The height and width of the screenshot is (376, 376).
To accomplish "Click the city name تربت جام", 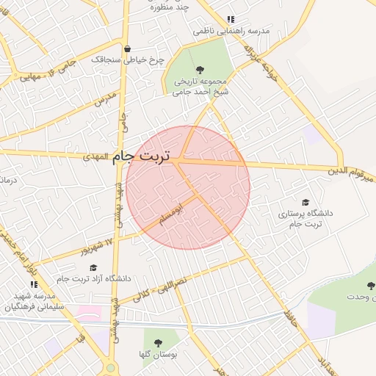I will tap(142, 157).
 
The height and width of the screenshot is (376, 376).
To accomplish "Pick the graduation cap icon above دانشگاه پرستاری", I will tap(305, 202).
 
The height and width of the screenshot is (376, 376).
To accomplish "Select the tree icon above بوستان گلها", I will tap(157, 342).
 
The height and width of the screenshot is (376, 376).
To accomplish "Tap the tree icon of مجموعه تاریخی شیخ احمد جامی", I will tap(200, 69).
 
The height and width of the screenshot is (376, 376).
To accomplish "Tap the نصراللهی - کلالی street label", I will tap(159, 289).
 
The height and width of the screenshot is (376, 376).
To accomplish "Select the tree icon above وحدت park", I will tap(369, 285).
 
